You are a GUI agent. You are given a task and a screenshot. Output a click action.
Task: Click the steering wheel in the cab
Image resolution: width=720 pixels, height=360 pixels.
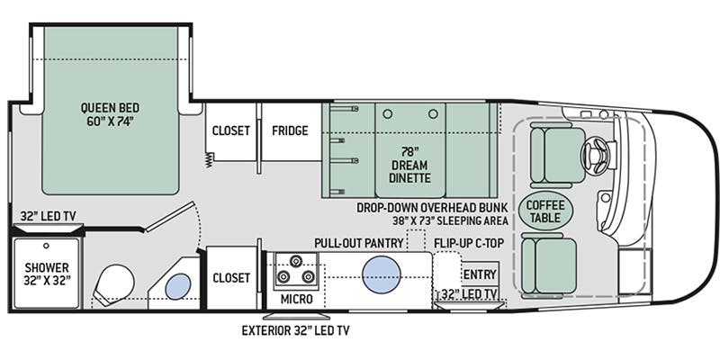(x=595, y=156)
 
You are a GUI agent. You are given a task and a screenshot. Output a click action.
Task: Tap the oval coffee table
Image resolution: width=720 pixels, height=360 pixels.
(x=545, y=211)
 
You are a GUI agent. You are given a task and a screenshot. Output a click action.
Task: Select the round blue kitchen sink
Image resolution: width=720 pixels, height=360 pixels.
(x=381, y=274)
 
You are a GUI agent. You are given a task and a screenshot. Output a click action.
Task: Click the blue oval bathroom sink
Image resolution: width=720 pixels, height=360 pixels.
(x=177, y=286)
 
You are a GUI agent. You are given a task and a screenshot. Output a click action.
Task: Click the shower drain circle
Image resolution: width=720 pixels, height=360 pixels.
(x=46, y=246)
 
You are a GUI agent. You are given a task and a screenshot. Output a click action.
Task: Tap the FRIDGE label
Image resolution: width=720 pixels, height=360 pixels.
(x=290, y=130)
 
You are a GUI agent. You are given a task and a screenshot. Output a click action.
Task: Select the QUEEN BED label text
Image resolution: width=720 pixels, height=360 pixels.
(x=110, y=108)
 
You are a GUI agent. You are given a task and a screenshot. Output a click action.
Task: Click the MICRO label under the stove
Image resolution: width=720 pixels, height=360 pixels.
(x=296, y=300)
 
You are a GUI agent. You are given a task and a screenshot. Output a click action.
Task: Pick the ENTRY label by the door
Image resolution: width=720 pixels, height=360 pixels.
(x=480, y=274)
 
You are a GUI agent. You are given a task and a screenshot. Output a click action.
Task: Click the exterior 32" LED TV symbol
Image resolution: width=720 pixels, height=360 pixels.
(x=296, y=316)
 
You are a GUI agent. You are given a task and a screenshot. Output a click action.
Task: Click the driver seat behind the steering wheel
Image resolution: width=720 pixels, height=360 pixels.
(x=557, y=155)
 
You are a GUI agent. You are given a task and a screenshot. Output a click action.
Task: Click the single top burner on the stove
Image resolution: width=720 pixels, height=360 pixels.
(x=294, y=261)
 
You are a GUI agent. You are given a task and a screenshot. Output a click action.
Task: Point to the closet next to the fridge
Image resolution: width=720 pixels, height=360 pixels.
(x=230, y=131)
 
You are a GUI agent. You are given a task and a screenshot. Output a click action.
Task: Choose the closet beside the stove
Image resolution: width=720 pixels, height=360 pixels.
(x=232, y=277)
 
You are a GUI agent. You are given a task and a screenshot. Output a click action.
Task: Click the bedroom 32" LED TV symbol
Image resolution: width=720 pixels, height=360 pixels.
(x=49, y=228)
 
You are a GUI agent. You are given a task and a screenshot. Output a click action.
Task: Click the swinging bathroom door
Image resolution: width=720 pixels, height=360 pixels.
(x=170, y=216)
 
